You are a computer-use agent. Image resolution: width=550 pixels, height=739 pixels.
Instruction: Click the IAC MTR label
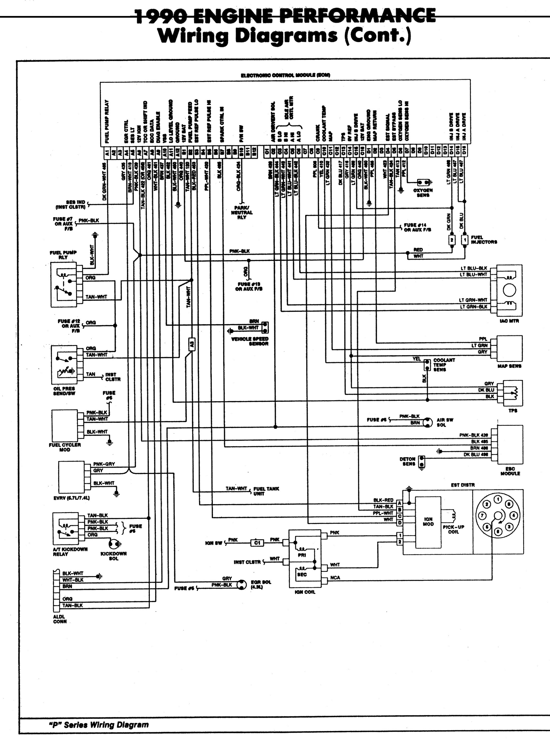pyautogui.click(x=509, y=321)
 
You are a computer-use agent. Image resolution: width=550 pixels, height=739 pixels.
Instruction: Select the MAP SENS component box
pyautogui.click(x=509, y=349)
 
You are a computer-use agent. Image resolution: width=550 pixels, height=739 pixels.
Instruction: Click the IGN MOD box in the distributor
pyautogui.click(x=428, y=522)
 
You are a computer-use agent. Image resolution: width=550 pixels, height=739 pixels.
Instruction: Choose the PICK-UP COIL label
pyautogui.click(x=453, y=529)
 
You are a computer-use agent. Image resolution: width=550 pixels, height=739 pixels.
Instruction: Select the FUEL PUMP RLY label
pyautogui.click(x=63, y=255)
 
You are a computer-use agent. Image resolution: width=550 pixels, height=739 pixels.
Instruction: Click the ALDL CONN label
pyautogui.click(x=60, y=619)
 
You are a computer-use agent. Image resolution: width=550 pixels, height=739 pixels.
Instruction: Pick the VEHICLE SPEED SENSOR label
pyautogui.click(x=250, y=341)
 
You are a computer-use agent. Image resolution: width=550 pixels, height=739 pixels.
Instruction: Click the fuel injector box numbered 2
pyautogui.click(x=451, y=240)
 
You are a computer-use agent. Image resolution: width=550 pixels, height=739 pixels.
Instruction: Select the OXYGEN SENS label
pyautogui.click(x=423, y=193)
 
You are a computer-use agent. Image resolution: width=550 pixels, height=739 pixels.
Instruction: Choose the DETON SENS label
pyautogui.click(x=408, y=461)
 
